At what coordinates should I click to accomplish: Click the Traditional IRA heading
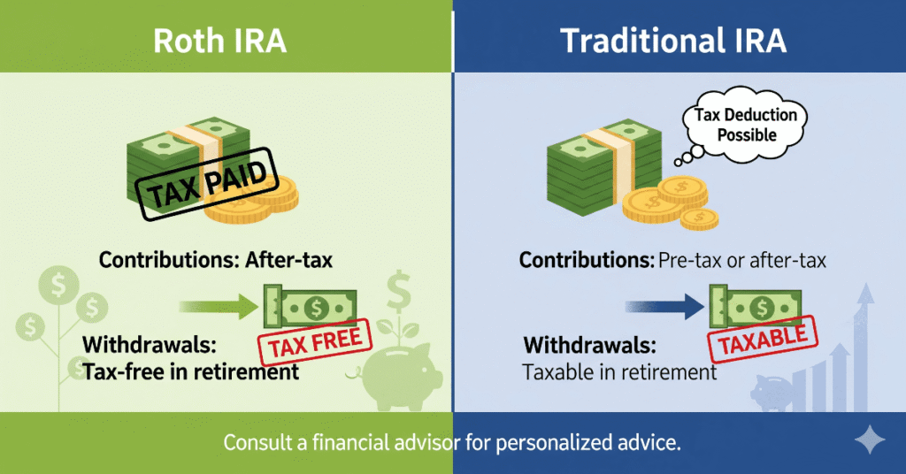tap(673, 42)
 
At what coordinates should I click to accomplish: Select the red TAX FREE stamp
tap(315, 341)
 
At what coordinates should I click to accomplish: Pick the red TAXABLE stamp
tap(763, 338)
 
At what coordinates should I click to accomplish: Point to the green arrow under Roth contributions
tap(217, 307)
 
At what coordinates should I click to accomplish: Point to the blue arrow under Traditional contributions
tap(664, 307)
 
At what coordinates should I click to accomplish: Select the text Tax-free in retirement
tap(190, 371)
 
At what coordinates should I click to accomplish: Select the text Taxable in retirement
tap(619, 372)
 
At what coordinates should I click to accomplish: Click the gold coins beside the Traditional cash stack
tap(672, 202)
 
